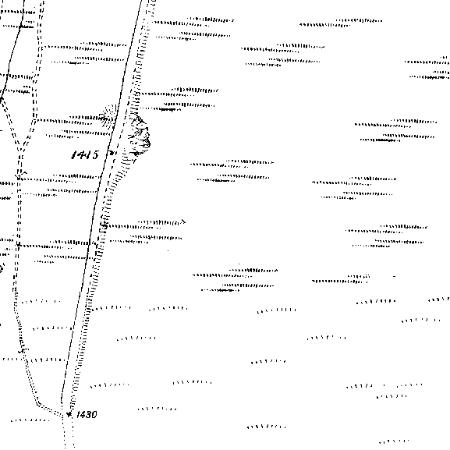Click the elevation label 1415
pos(85,155)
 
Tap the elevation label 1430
pos(87,414)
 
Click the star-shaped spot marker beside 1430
pos(69,414)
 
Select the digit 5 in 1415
pos(94,155)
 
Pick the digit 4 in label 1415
pos(82,155)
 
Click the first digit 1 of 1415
pos(74,155)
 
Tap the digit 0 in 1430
pos(94,414)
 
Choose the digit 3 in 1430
pos(89,414)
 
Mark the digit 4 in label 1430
pos(83,414)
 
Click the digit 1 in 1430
pos(78,414)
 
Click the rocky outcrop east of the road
pos(140,136)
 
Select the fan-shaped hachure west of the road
pos(108,116)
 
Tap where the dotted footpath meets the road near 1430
pos(63,415)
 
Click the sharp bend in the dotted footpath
pos(38,403)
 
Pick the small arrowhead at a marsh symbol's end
pos(183,221)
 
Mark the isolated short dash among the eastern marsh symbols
pos(395,276)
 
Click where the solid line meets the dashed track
pos(2,98)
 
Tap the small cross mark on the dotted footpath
pos(23,350)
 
